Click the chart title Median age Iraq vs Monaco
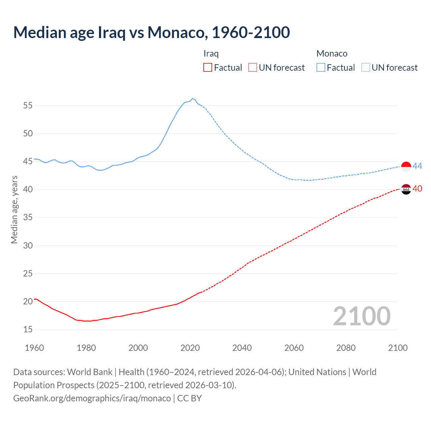click(x=152, y=32)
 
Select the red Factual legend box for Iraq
click(x=208, y=67)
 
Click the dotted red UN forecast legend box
click(x=253, y=67)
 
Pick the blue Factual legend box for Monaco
click(x=321, y=67)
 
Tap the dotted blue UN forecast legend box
click(x=365, y=67)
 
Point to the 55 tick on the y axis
click(x=28, y=105)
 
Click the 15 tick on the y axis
click(x=28, y=329)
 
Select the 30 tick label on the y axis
click(x=28, y=245)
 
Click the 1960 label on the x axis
click(x=34, y=348)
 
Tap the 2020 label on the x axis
click(x=190, y=348)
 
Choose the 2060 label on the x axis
click(x=294, y=348)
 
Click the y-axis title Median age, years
click(x=14, y=209)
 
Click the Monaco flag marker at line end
click(x=406, y=167)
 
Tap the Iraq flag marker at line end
click(x=406, y=189)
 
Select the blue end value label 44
click(x=417, y=166)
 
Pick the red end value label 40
click(x=417, y=189)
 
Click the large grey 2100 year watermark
click(x=362, y=316)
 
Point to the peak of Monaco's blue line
click(x=192, y=99)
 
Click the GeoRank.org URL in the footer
click(x=92, y=398)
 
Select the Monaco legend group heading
click(x=332, y=54)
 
